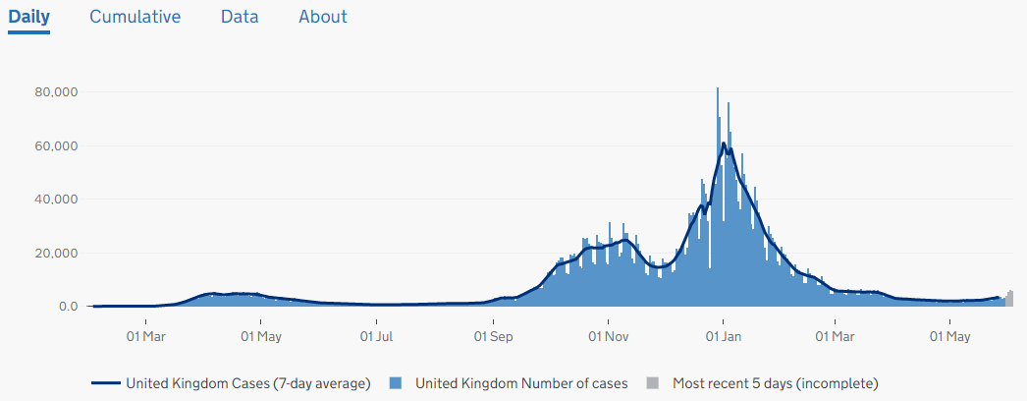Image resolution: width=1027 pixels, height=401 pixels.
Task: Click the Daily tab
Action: (28, 17)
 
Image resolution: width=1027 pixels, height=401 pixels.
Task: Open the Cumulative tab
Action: (135, 17)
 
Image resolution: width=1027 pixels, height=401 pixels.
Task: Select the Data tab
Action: (240, 17)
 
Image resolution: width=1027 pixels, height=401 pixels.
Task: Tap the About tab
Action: (323, 17)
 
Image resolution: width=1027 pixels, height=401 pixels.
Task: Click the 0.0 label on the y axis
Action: (68, 307)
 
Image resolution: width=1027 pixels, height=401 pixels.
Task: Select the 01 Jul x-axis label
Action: (376, 337)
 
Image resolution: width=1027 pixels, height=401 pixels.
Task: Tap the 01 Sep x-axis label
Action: (494, 337)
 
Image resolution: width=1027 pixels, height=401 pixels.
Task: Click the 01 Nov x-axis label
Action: (608, 337)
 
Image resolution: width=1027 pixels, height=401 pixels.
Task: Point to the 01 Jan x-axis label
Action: (723, 337)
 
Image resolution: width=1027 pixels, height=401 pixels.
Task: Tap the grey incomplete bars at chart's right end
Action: (1008, 299)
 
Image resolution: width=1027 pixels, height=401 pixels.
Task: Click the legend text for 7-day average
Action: (247, 383)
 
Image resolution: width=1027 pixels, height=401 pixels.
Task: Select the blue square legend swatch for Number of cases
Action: (396, 383)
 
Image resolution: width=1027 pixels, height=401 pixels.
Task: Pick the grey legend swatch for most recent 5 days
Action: (653, 383)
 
